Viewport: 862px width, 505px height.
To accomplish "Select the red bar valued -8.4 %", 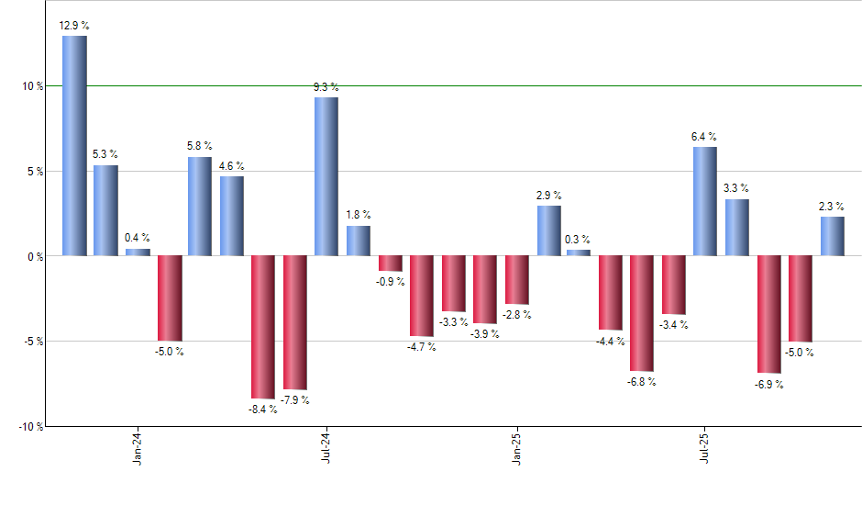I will tap(263, 327).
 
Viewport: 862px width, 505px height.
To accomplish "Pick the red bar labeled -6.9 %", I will tap(768, 314).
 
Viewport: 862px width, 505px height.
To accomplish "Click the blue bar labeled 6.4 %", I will tap(705, 201).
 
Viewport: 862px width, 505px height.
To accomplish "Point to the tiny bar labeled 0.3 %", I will tap(579, 252).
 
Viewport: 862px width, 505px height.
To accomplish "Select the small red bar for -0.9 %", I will tap(390, 264).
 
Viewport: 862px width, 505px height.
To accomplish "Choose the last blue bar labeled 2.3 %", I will tap(832, 236).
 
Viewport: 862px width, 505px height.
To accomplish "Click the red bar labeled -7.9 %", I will tap(295, 322).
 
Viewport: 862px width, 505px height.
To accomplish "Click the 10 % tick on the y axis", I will tap(34, 86).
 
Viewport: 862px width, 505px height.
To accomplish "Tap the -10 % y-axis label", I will tap(31, 427).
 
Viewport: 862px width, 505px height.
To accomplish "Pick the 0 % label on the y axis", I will tap(37, 256).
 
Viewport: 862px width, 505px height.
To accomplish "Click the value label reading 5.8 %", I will tap(200, 145).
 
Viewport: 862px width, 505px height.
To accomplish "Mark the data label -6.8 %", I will tap(642, 382).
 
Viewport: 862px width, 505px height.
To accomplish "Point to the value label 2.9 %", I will tap(548, 195).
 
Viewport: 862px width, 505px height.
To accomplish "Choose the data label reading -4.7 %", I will tap(421, 347).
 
